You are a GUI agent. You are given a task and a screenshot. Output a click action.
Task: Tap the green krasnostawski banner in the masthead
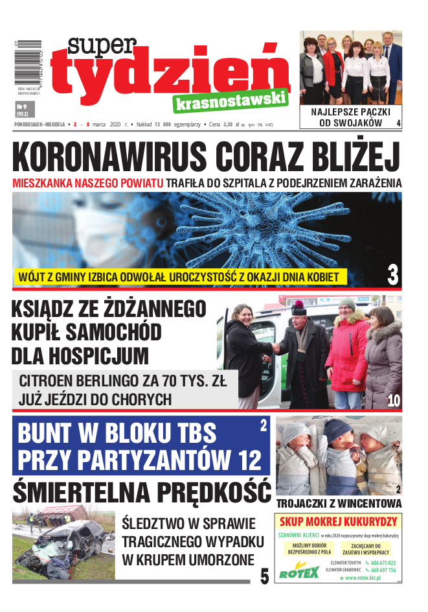[x=230, y=101]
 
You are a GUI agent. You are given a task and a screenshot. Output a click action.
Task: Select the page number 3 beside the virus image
[x=392, y=275]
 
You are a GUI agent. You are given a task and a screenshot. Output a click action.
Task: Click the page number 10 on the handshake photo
[x=394, y=401]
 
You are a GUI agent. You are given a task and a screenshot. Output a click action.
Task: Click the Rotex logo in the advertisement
[x=298, y=572]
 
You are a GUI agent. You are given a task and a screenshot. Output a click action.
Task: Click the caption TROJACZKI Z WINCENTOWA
[x=339, y=504]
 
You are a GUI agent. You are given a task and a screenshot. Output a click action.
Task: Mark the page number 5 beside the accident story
[x=264, y=576]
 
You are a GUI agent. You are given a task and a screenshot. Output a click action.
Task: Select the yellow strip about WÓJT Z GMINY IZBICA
[x=176, y=277]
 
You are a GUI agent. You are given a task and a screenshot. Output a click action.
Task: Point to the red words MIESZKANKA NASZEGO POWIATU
[x=87, y=183]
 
